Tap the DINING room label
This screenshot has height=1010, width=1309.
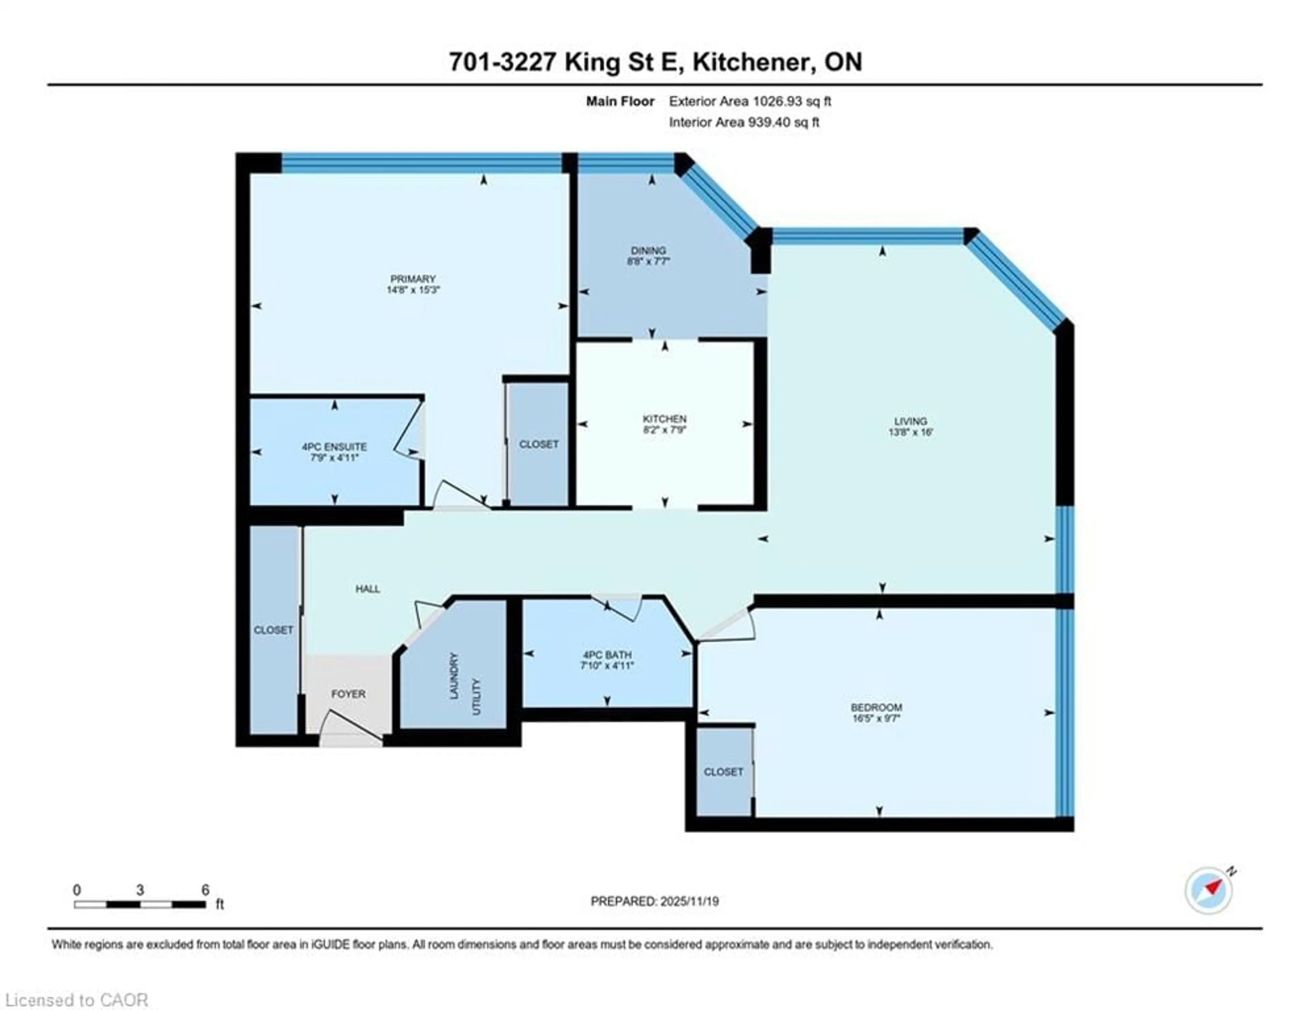coord(648,250)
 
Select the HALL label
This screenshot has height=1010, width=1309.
coord(367,589)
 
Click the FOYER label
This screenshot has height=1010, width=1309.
coord(348,694)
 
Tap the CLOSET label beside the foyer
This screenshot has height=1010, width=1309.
coord(273,630)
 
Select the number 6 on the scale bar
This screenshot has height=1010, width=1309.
coord(205,890)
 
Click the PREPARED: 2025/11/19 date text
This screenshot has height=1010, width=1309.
coord(654,901)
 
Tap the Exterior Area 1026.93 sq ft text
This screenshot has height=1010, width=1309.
coord(750,101)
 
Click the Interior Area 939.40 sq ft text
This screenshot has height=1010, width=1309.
coord(744,122)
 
